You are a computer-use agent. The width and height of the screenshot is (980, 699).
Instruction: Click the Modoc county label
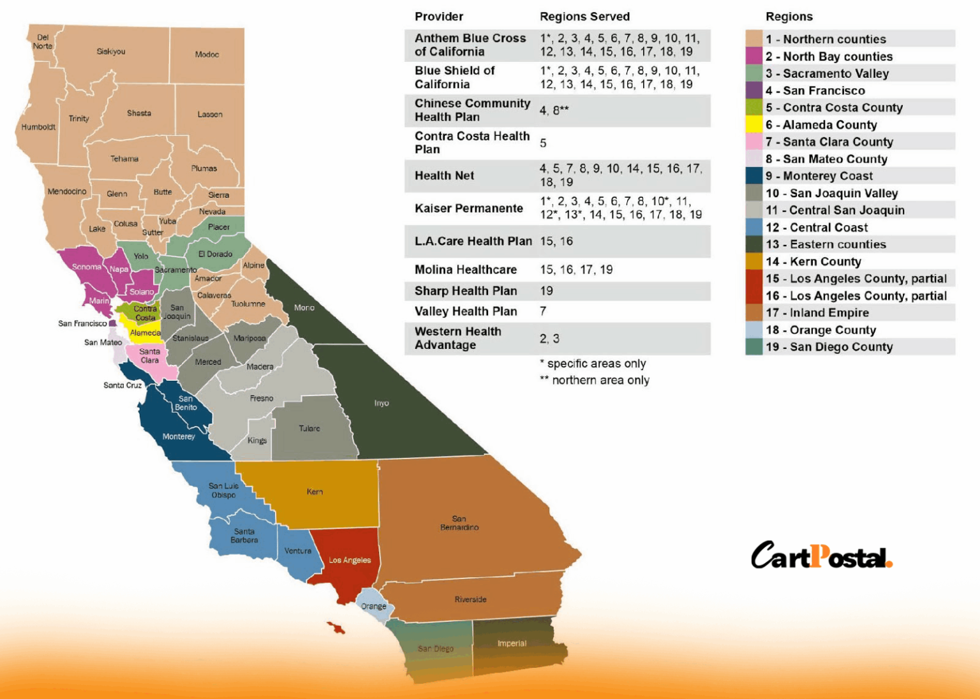pyautogui.click(x=207, y=55)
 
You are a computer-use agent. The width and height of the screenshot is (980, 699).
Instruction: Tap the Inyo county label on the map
pyautogui.click(x=382, y=403)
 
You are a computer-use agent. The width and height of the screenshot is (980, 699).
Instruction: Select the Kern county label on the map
pyautogui.click(x=315, y=492)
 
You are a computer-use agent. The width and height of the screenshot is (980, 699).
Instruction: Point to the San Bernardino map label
pyautogui.click(x=459, y=523)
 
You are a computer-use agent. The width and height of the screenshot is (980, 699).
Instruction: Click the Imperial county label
pyautogui.click(x=512, y=644)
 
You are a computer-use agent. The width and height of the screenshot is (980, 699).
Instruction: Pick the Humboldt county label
pyautogui.click(x=38, y=127)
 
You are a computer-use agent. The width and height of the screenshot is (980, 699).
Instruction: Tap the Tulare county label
pyautogui.click(x=309, y=429)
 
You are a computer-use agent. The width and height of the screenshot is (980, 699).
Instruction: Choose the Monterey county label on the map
pyautogui.click(x=179, y=437)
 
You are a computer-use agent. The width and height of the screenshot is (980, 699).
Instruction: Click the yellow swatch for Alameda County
pyautogui.click(x=754, y=125)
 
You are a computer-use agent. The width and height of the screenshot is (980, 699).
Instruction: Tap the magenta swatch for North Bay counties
pyautogui.click(x=754, y=56)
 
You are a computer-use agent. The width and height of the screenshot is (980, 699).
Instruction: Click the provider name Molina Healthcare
pyautogui.click(x=466, y=270)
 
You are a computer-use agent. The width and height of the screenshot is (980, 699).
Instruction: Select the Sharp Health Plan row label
pyautogui.click(x=466, y=291)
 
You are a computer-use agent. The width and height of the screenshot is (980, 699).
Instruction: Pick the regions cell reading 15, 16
pyautogui.click(x=556, y=241)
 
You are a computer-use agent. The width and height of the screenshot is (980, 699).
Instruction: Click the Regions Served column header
pyautogui.click(x=584, y=17)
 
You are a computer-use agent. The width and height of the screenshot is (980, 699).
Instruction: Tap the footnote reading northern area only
pyautogui.click(x=600, y=380)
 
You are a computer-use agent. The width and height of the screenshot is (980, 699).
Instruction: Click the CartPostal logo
pyautogui.click(x=821, y=556)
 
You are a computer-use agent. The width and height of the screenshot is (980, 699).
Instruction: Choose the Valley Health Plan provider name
pyautogui.click(x=466, y=311)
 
